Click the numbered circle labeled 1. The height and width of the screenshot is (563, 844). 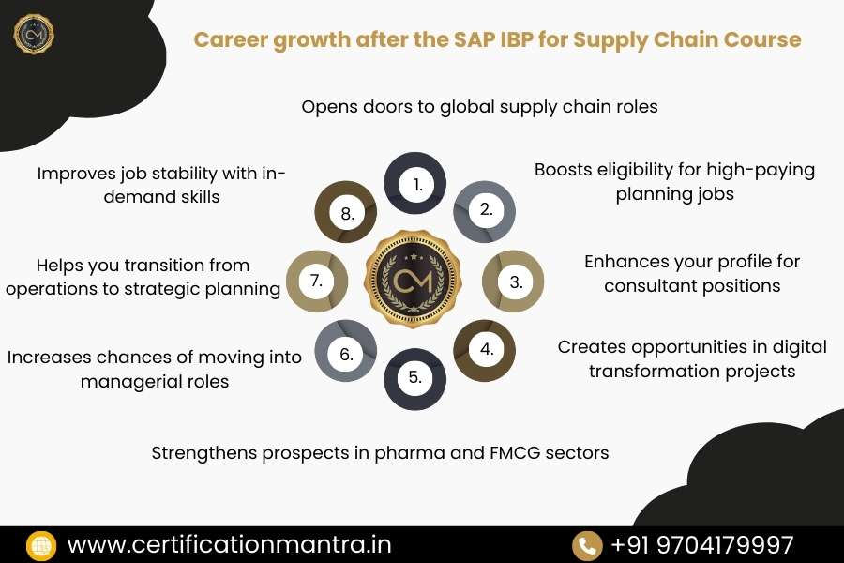pos(416,184)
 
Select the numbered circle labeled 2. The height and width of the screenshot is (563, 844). pos(485,209)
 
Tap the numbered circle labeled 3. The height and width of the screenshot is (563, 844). pos(513,281)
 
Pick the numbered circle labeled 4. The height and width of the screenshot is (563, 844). pos(485,350)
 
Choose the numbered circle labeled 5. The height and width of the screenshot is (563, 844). pos(415,378)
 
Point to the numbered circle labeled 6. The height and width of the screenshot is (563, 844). pos(345,354)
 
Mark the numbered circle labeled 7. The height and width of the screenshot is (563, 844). pos(316,281)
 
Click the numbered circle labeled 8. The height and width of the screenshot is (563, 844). pos(346,213)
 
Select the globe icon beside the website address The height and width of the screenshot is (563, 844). pos(42,545)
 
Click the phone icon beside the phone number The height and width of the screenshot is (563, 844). pos(587,545)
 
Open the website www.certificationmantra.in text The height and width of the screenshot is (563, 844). pos(229,544)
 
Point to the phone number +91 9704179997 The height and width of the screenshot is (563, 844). pos(701,544)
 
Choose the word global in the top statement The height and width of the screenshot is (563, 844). pos(459,106)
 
